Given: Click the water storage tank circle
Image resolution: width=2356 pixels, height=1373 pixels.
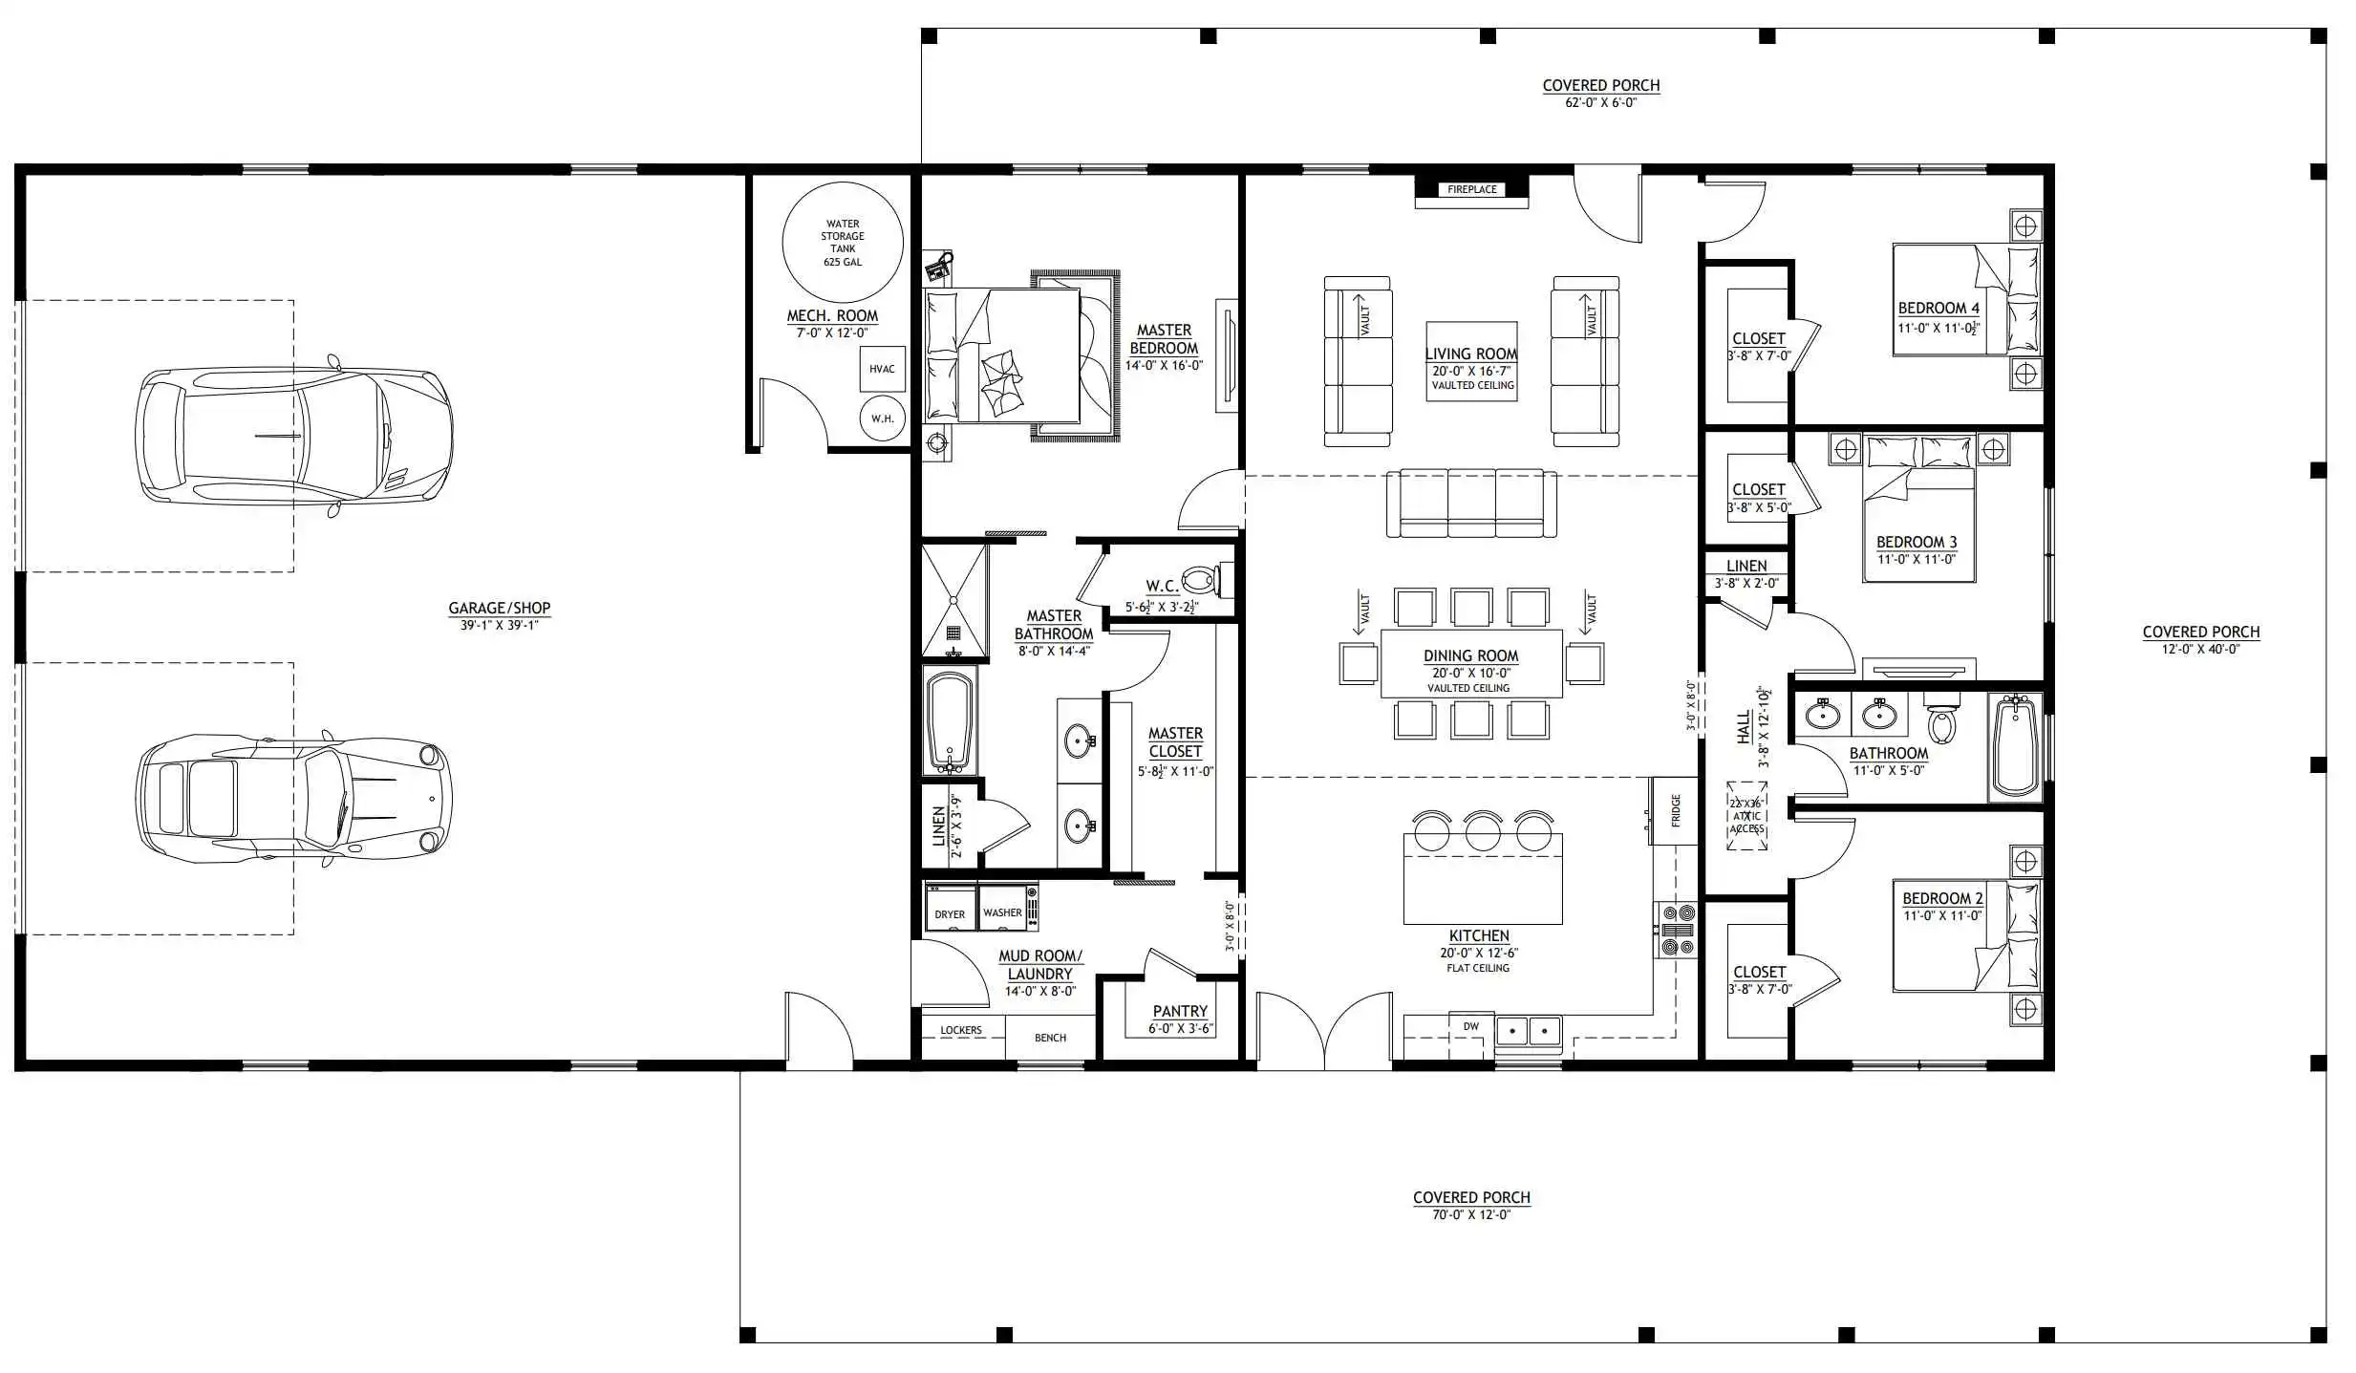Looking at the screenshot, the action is coord(842,243).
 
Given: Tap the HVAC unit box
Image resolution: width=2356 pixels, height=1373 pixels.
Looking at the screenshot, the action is coord(882,369).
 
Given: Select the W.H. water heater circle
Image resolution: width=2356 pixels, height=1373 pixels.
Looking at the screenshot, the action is coord(882,418).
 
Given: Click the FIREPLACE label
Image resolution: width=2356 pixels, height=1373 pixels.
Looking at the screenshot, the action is coord(1471,189).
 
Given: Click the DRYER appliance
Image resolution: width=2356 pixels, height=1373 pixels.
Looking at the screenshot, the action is coord(950,908).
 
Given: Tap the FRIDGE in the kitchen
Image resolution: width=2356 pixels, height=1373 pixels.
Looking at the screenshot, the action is coord(1674,810).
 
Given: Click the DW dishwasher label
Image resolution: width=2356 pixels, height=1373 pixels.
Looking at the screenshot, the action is coord(1471,1026).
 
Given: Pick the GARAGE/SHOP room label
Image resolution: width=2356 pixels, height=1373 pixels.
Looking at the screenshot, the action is coord(500,608).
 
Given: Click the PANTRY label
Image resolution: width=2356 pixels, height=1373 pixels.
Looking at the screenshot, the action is coord(1180,1011).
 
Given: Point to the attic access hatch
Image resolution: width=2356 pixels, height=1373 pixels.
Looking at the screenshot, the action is coord(1746,816).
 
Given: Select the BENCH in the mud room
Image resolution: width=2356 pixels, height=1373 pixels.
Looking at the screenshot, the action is coord(1050,1038).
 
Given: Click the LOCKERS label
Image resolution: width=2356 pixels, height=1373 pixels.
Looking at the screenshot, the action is coord(961,1030).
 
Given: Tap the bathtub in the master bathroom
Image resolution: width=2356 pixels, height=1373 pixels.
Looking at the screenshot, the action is coord(950,722).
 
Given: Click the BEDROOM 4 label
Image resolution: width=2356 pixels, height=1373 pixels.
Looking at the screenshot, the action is coord(1938,308).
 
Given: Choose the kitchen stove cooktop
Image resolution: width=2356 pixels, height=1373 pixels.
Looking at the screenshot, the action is coord(1677,929).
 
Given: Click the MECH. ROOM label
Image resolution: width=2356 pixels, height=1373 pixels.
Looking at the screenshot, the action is coord(832,315).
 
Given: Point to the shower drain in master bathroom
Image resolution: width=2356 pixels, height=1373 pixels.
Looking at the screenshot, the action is coord(953,632).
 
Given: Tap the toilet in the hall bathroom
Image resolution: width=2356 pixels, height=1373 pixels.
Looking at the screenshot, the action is coord(1940,722).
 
